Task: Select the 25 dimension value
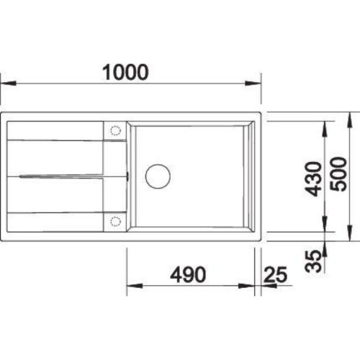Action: [x=276, y=274]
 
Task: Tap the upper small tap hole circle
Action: [x=114, y=130]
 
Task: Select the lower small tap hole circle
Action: [x=114, y=222]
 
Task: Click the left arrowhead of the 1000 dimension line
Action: [x=6, y=83]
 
